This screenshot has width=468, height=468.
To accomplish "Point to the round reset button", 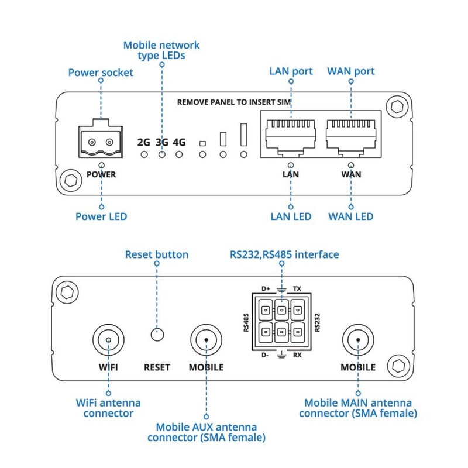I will (157, 335).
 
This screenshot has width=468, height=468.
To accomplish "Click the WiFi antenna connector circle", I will (108, 339).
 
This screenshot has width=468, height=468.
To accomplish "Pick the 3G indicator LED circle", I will (161, 154).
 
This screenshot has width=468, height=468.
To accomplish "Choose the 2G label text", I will (143, 142).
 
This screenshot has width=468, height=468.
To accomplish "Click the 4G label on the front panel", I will (180, 142).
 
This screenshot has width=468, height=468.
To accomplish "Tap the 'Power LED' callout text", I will (101, 216).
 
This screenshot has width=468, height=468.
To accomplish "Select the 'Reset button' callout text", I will (157, 254).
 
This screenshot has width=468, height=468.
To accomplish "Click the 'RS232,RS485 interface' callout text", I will (284, 254).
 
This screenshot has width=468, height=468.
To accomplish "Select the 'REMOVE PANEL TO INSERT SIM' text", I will (234, 102).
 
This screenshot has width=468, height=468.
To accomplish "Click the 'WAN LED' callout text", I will (350, 216).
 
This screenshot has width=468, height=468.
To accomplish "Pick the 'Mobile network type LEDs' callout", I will (161, 50).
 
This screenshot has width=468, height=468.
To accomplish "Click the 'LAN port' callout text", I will (291, 71).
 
